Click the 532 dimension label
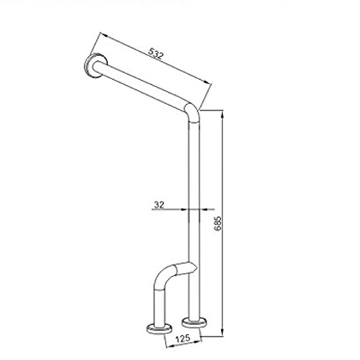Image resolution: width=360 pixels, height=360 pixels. pyautogui.click(x=156, y=54)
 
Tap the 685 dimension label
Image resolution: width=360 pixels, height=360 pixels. pyautogui.click(x=217, y=223)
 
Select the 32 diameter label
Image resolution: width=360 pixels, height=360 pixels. pyautogui.click(x=159, y=204)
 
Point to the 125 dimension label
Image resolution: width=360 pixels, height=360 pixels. pyautogui.click(x=183, y=338)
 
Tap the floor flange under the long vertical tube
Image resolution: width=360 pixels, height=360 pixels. pyautogui.click(x=194, y=323)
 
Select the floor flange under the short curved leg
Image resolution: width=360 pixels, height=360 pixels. pyautogui.click(x=159, y=329)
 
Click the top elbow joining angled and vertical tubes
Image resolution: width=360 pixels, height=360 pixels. pyautogui.click(x=193, y=112)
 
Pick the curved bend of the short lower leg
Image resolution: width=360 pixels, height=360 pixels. pyautogui.click(x=165, y=276)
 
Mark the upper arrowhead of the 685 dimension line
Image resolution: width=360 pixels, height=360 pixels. pyautogui.click(x=222, y=114)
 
